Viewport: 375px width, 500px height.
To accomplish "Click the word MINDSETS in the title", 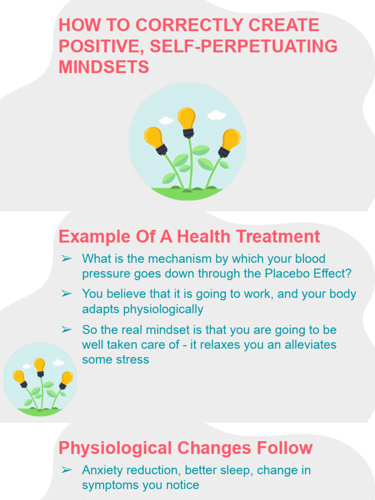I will [104, 67].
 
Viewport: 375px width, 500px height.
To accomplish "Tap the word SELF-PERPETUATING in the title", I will [244, 46].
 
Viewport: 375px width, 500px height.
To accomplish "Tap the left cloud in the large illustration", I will [166, 120].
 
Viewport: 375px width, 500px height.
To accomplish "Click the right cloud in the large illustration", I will [216, 115].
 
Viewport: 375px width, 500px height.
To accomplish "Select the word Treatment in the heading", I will [278, 237].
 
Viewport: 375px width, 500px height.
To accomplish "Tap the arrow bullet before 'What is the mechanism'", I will [67, 258].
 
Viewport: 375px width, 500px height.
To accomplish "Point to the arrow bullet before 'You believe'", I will [67, 294].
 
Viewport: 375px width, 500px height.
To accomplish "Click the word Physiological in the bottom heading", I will [115, 448].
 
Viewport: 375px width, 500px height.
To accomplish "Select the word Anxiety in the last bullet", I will [102, 470].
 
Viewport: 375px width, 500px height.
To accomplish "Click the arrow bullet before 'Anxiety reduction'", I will [67, 470].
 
